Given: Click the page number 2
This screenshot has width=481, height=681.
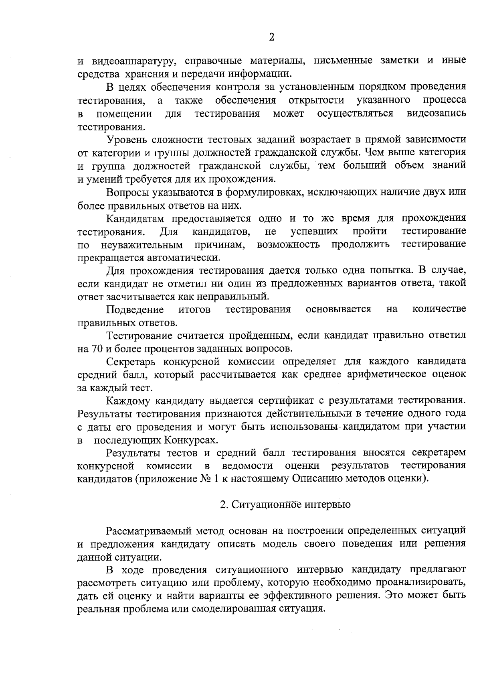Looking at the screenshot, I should pos(271,37).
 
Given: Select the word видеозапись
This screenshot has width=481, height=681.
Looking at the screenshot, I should pos(436,114).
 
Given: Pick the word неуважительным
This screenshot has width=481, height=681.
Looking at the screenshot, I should pos(142,245).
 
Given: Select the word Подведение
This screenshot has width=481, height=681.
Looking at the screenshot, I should pos(135,309).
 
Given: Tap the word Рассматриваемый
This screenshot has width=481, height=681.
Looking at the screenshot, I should pos(148,531).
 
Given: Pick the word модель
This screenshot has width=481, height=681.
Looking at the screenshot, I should pos(279,544).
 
